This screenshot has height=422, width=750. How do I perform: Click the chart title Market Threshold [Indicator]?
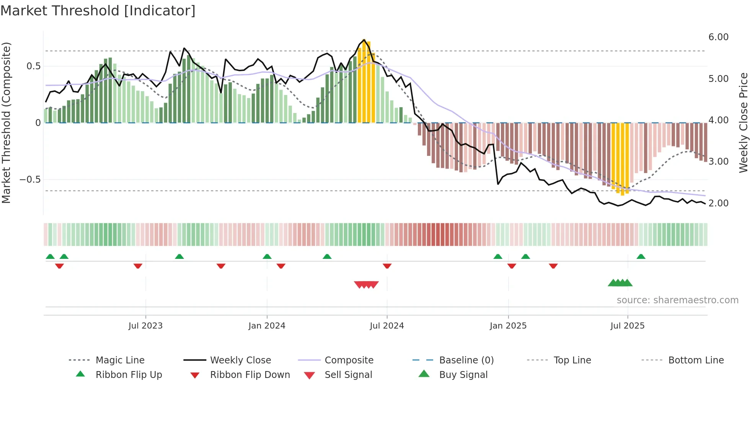tap(98, 11)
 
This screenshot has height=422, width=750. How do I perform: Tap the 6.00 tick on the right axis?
tap(718, 37)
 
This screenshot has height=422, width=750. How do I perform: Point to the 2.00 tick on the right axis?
tap(718, 203)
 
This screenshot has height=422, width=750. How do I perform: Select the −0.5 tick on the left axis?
tap(30, 180)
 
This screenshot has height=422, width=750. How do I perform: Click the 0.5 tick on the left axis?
tap(33, 66)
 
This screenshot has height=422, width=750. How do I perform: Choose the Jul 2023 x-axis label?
tap(145, 326)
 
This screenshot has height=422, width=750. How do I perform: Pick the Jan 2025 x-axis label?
tap(508, 326)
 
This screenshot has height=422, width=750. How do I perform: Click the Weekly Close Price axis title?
tap(743, 123)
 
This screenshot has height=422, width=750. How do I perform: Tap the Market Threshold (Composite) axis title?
tap(6, 123)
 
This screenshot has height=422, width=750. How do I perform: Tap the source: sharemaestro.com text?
tap(677, 300)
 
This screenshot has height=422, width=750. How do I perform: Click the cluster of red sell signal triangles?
tap(366, 285)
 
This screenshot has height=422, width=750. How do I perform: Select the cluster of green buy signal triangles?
tap(620, 283)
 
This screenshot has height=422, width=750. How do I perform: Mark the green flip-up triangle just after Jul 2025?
tap(641, 257)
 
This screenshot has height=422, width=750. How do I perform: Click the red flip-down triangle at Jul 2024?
tap(387, 266)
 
